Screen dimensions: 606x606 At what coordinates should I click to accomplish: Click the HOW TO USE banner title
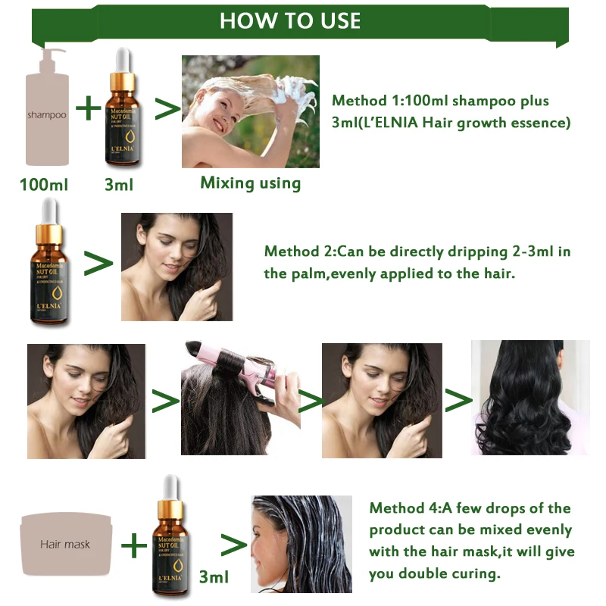pos(290,20)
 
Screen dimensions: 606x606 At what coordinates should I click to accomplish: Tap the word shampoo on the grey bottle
pos(47,115)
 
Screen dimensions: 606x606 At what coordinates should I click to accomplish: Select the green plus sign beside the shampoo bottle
pos(89,108)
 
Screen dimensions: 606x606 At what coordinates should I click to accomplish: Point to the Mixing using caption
pos(250,183)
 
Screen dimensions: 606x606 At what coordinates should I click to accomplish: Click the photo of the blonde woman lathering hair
pos(250,111)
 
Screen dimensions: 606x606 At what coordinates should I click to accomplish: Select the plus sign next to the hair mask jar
pos(135,544)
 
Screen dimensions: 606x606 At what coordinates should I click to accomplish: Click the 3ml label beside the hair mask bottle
pos(214,577)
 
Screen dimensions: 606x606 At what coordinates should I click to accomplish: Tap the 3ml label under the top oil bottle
pos(119,185)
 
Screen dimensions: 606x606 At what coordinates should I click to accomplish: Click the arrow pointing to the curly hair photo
pos(457,401)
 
